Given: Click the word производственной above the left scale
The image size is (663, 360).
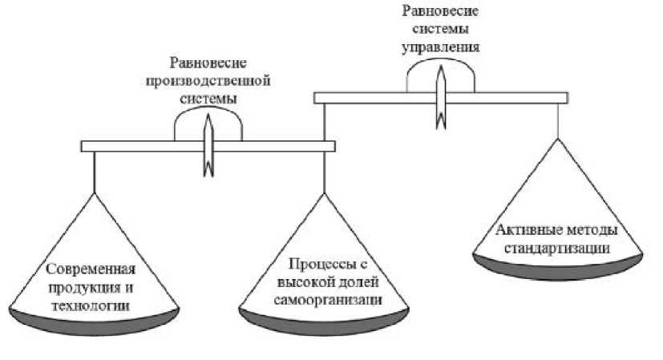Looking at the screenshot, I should pos(208,81).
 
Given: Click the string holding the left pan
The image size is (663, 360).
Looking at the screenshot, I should pos(95,172).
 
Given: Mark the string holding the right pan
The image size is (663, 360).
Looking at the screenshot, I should pos(557,120).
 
